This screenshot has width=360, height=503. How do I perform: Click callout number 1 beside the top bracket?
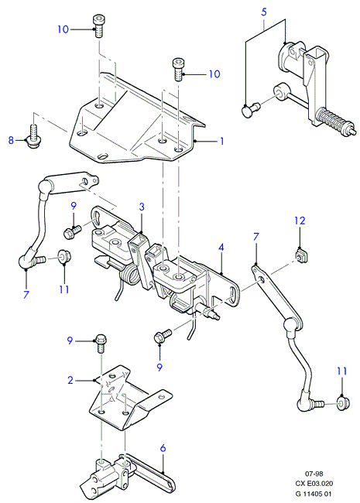click(221, 141)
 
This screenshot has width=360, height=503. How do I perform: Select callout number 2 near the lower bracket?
click(70, 380)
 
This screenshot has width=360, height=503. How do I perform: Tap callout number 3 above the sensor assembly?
click(142, 207)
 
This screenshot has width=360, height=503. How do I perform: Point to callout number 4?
click(221, 248)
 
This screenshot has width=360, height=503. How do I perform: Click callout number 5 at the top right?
click(264, 12)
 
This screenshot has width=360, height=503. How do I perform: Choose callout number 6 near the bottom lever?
click(163, 448)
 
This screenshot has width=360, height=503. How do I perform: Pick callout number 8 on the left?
click(12, 140)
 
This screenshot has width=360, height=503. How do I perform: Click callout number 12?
click(300, 221)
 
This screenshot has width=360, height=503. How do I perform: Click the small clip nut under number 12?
click(300, 256)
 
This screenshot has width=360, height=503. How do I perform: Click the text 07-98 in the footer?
click(314, 474)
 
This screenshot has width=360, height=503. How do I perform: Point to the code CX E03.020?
click(314, 484)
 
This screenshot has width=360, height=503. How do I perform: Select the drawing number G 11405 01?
click(314, 494)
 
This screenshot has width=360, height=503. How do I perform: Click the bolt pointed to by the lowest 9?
click(163, 336)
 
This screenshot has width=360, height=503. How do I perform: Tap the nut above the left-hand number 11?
click(64, 256)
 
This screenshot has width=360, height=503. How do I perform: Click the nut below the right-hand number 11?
click(343, 403)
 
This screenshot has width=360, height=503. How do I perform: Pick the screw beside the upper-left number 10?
click(99, 26)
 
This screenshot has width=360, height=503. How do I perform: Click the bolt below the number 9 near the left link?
click(72, 231)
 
